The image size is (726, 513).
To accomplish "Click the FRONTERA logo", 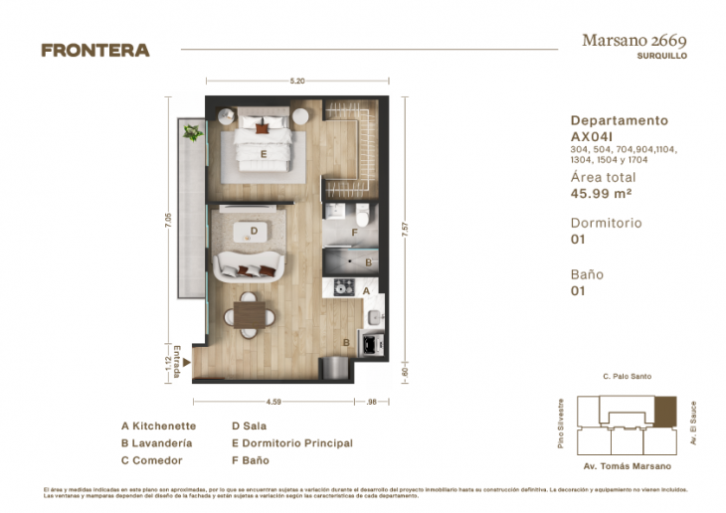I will pos(95,50).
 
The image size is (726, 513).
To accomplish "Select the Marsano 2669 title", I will pos(633,41).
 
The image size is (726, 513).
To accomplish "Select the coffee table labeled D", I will pos(256,232).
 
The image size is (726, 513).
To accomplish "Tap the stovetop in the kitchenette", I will pos(343,286).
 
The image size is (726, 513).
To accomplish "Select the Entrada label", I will pos(177,360).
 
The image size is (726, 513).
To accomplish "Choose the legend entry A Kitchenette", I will pos(158,426).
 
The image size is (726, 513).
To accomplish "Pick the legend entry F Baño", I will pos(250,460).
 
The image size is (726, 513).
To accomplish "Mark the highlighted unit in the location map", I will pos(665,410).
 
